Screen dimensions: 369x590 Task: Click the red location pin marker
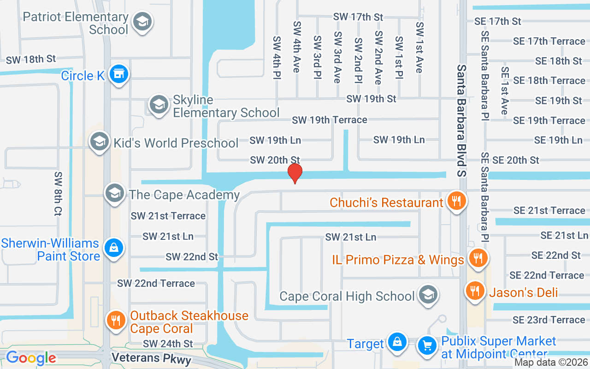(295, 173)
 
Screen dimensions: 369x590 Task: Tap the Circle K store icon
(119, 74)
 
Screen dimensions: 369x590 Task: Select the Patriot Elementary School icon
(142, 22)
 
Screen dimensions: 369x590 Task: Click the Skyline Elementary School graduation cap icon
(159, 105)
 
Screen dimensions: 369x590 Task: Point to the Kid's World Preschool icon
(100, 142)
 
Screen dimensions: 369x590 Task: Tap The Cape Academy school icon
(115, 193)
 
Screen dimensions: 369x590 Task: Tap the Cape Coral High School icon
(428, 294)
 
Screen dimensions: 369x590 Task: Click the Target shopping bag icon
(396, 343)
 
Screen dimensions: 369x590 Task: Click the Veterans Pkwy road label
(151, 359)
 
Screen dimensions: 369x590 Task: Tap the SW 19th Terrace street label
(330, 120)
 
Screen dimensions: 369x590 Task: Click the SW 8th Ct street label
(59, 194)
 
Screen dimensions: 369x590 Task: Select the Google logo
(31, 358)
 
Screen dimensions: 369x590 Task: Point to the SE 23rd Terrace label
(549, 320)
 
